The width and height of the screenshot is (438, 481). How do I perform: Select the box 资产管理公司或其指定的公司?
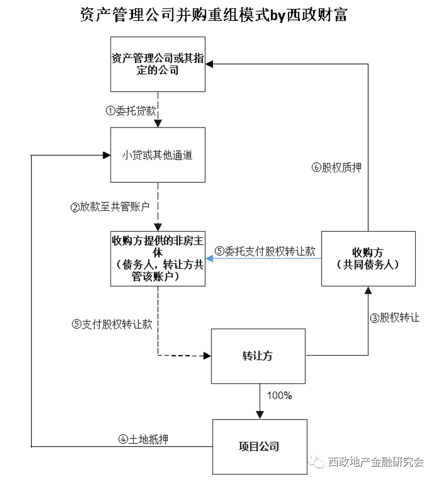tap(158, 64)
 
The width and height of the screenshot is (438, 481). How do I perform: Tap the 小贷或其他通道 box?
tap(158, 155)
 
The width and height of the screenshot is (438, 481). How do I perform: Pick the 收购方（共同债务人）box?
tap(368, 258)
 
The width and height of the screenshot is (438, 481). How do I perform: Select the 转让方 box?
tap(259, 356)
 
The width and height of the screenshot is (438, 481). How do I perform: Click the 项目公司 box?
tap(260, 446)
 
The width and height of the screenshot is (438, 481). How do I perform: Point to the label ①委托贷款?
tap(131, 111)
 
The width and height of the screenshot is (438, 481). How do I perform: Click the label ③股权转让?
tap(395, 318)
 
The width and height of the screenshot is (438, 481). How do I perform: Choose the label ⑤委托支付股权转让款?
tap(265, 251)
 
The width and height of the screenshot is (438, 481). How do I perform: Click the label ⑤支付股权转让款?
tap(112, 324)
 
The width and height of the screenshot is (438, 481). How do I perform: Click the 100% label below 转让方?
tap(279, 396)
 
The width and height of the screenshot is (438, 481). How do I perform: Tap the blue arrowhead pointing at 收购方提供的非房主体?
tap(210, 258)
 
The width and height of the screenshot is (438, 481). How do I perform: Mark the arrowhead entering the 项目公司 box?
tap(260, 415)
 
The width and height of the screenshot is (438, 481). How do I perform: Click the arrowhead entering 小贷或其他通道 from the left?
tap(106, 155)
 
